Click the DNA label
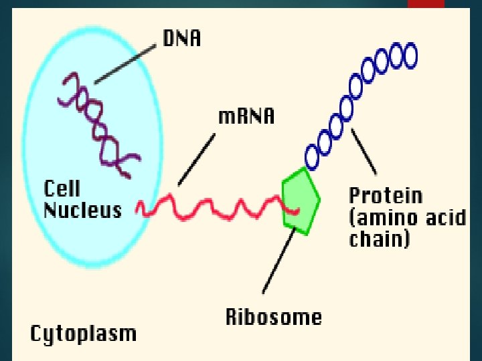pos(181,39)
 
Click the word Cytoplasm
pos(83,333)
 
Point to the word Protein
pos(386,196)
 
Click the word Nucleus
pos(83,210)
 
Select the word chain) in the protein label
pos(380,239)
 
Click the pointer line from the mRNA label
pos(197,159)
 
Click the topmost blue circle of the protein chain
pos(407,53)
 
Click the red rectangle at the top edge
pos(426,4)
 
